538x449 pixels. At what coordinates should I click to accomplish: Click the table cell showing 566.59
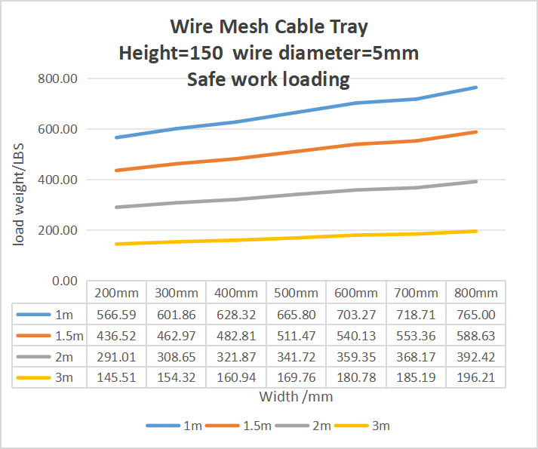(x=116, y=315)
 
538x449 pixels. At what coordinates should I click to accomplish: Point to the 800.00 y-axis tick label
(x=59, y=78)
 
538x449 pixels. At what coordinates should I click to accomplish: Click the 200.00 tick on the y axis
(x=59, y=230)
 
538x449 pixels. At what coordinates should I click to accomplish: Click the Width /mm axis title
(x=296, y=395)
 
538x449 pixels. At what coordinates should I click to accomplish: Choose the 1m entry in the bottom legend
(x=192, y=426)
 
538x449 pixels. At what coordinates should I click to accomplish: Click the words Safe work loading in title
(x=268, y=79)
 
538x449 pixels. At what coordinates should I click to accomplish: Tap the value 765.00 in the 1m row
(x=475, y=315)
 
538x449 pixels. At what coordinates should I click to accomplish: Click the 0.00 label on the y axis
(x=65, y=281)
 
